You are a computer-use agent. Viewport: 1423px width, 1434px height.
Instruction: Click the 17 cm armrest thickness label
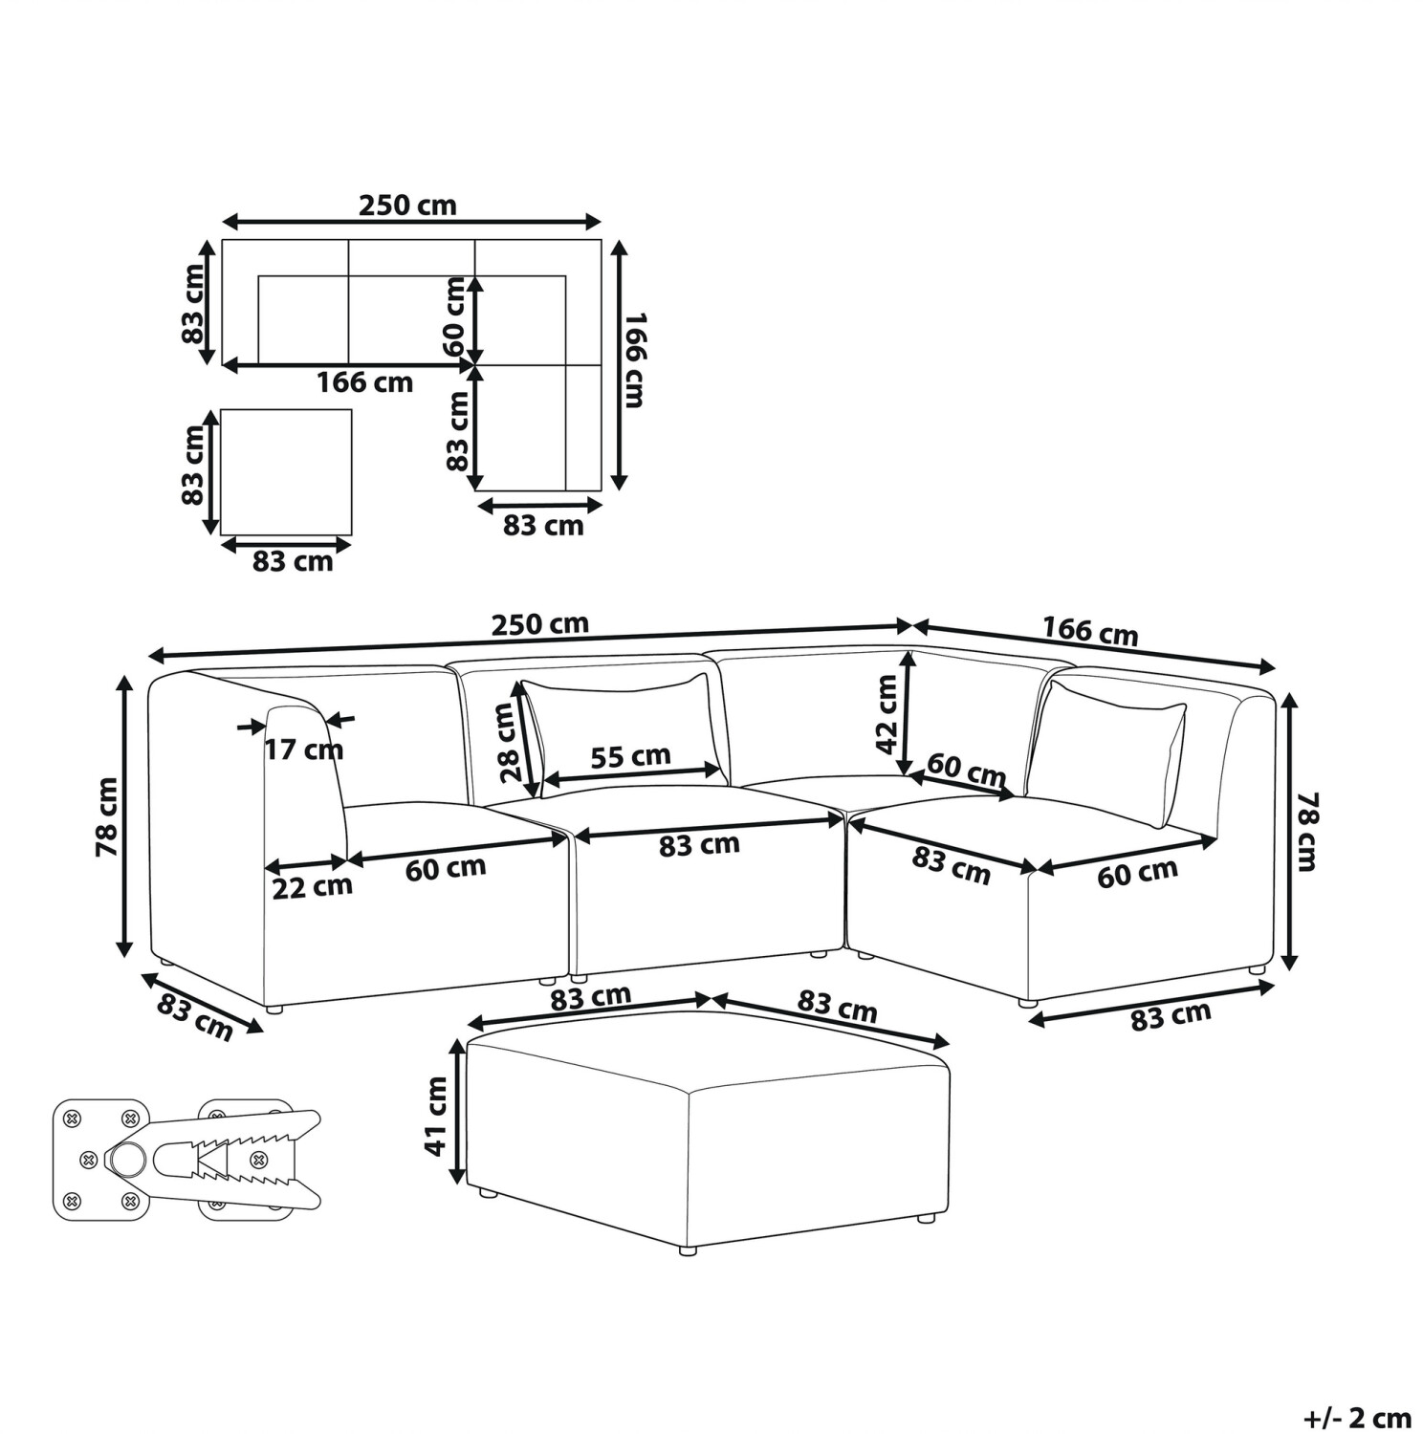click(303, 750)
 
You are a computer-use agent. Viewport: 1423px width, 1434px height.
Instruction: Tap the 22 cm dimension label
click(312, 887)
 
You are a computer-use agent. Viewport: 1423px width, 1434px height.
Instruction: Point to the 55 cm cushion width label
click(630, 756)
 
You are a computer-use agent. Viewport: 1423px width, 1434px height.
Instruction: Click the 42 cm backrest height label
click(887, 713)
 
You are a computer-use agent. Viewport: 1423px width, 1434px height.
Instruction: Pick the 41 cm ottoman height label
click(436, 1116)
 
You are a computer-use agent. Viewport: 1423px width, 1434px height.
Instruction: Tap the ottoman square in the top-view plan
click(286, 472)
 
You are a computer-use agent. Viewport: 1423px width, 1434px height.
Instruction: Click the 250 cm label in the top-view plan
click(407, 205)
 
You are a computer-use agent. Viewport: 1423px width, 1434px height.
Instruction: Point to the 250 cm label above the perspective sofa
click(540, 624)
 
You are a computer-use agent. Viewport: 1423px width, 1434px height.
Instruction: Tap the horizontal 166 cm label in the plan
click(365, 382)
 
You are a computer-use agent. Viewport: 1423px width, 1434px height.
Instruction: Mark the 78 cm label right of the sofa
click(1306, 831)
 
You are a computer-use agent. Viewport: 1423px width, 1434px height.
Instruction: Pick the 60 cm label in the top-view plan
click(455, 316)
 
